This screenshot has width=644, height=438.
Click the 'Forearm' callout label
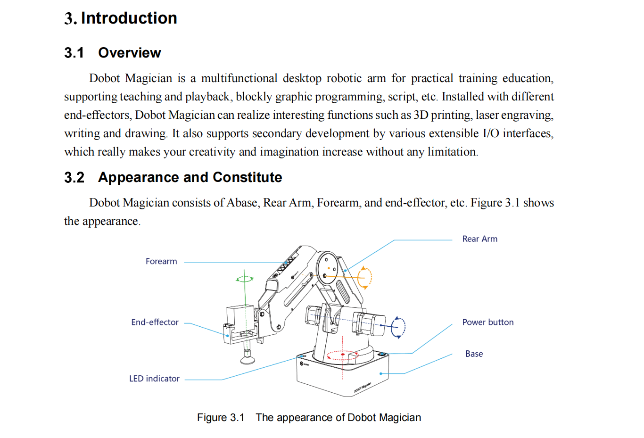click(x=161, y=261)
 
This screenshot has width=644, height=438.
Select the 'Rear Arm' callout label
click(x=479, y=239)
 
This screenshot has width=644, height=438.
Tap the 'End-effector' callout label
click(x=155, y=322)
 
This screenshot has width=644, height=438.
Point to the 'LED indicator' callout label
click(x=154, y=379)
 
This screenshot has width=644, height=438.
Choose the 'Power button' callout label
click(x=487, y=322)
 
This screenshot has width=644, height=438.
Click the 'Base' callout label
click(x=474, y=354)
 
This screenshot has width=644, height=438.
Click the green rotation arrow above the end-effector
click(x=244, y=279)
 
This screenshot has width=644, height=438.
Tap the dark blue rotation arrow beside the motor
click(x=399, y=327)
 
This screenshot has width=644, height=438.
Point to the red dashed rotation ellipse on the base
click(x=343, y=355)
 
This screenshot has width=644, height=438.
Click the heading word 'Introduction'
click(x=129, y=18)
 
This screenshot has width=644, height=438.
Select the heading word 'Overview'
click(x=130, y=53)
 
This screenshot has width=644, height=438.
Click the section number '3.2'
click(x=74, y=178)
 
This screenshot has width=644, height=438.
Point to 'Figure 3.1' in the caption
click(x=221, y=418)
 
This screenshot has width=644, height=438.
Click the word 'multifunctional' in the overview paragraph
click(x=239, y=78)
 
